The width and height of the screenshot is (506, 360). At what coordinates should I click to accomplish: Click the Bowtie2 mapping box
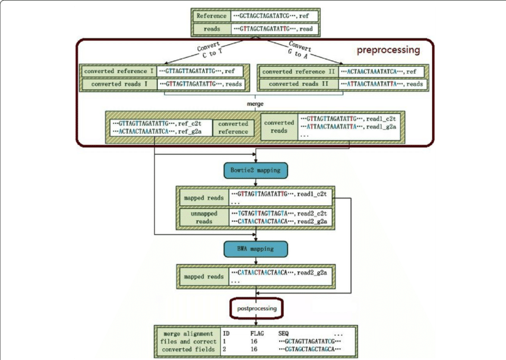(255, 170)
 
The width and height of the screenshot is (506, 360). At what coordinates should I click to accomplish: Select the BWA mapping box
(255, 248)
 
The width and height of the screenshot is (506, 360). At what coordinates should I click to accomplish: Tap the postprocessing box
(256, 309)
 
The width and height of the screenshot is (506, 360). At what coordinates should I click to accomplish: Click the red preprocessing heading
(388, 50)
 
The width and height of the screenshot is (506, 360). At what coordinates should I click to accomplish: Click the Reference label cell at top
(212, 16)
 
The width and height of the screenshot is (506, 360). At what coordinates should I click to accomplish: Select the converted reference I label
(119, 71)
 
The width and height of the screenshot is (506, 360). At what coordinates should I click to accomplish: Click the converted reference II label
(298, 71)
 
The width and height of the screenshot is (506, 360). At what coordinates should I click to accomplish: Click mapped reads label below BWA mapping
(204, 277)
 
